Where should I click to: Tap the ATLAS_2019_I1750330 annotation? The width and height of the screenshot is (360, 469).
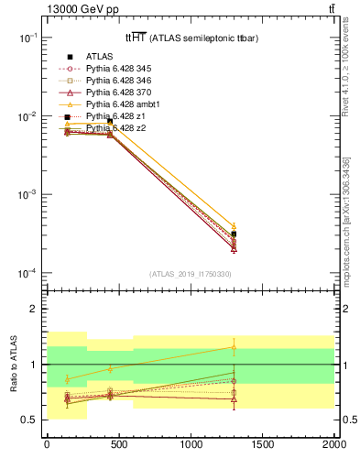tap(191, 274)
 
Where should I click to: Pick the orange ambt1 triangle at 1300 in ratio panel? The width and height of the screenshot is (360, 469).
tap(234, 347)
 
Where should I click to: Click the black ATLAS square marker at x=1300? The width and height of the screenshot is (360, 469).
tap(234, 234)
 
